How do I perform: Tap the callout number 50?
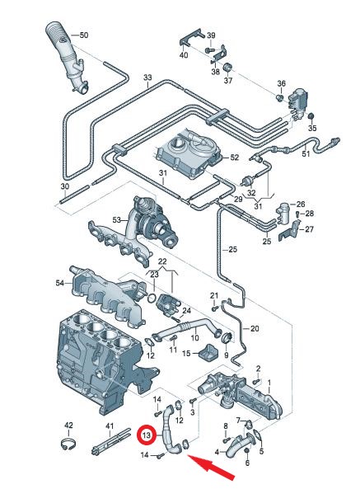coord(83,35)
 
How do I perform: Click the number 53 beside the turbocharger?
coord(116,219)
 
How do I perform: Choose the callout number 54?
coord(59,283)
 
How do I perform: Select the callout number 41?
coord(108,426)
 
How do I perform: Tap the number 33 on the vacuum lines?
coord(147,78)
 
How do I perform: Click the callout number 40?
coord(184,54)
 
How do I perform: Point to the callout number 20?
coord(255,328)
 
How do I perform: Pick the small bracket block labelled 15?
coord(208,353)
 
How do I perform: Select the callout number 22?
coord(162,261)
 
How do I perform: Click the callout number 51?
coord(306,153)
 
